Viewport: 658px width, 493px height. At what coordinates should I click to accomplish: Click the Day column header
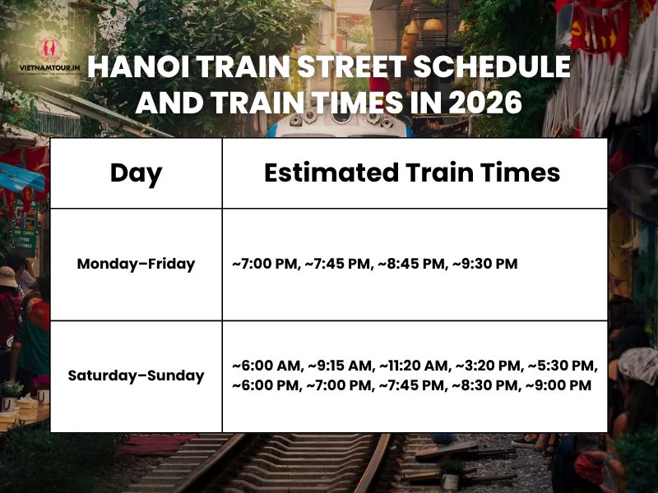[136, 173]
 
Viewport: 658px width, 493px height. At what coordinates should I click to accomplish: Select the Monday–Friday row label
[136, 264]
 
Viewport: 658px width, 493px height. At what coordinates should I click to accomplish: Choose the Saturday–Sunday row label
[136, 376]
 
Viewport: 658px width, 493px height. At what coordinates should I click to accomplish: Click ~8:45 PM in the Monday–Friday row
[411, 264]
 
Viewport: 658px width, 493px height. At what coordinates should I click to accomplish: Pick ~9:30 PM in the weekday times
[484, 264]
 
